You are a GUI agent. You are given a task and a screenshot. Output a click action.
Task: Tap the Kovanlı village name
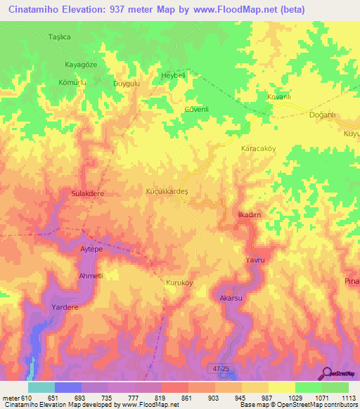point(279,96)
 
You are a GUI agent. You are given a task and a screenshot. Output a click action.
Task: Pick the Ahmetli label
point(91,275)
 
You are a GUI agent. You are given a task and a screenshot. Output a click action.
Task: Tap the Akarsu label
point(231,299)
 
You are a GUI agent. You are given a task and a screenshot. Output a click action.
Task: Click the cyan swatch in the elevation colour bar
point(41,387)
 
